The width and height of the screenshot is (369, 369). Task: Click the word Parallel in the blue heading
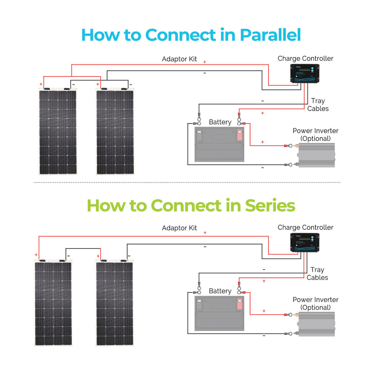[x=270, y=35]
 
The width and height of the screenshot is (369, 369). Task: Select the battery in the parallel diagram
[x=219, y=144]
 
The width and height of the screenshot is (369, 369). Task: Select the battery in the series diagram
[x=219, y=313]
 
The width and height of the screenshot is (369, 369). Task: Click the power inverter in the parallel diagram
[x=316, y=155]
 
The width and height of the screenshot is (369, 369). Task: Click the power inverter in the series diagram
[x=316, y=324]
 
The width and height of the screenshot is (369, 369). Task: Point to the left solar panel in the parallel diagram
[x=58, y=132]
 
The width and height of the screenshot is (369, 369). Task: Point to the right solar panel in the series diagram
[x=115, y=303]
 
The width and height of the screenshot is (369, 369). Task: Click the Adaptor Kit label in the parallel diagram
[x=179, y=59]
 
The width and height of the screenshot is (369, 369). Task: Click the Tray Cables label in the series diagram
[x=317, y=274]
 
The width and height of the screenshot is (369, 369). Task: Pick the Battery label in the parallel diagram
[x=220, y=122]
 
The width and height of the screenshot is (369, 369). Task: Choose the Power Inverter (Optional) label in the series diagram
[x=316, y=303]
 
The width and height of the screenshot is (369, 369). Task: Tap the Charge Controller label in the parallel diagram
[x=305, y=58]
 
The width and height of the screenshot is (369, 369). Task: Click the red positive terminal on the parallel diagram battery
[x=240, y=135]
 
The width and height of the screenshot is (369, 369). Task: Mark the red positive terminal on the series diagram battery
[x=240, y=304]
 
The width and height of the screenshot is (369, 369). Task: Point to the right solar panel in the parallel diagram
[x=115, y=132]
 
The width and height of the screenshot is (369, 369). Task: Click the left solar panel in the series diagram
[x=53, y=303]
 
